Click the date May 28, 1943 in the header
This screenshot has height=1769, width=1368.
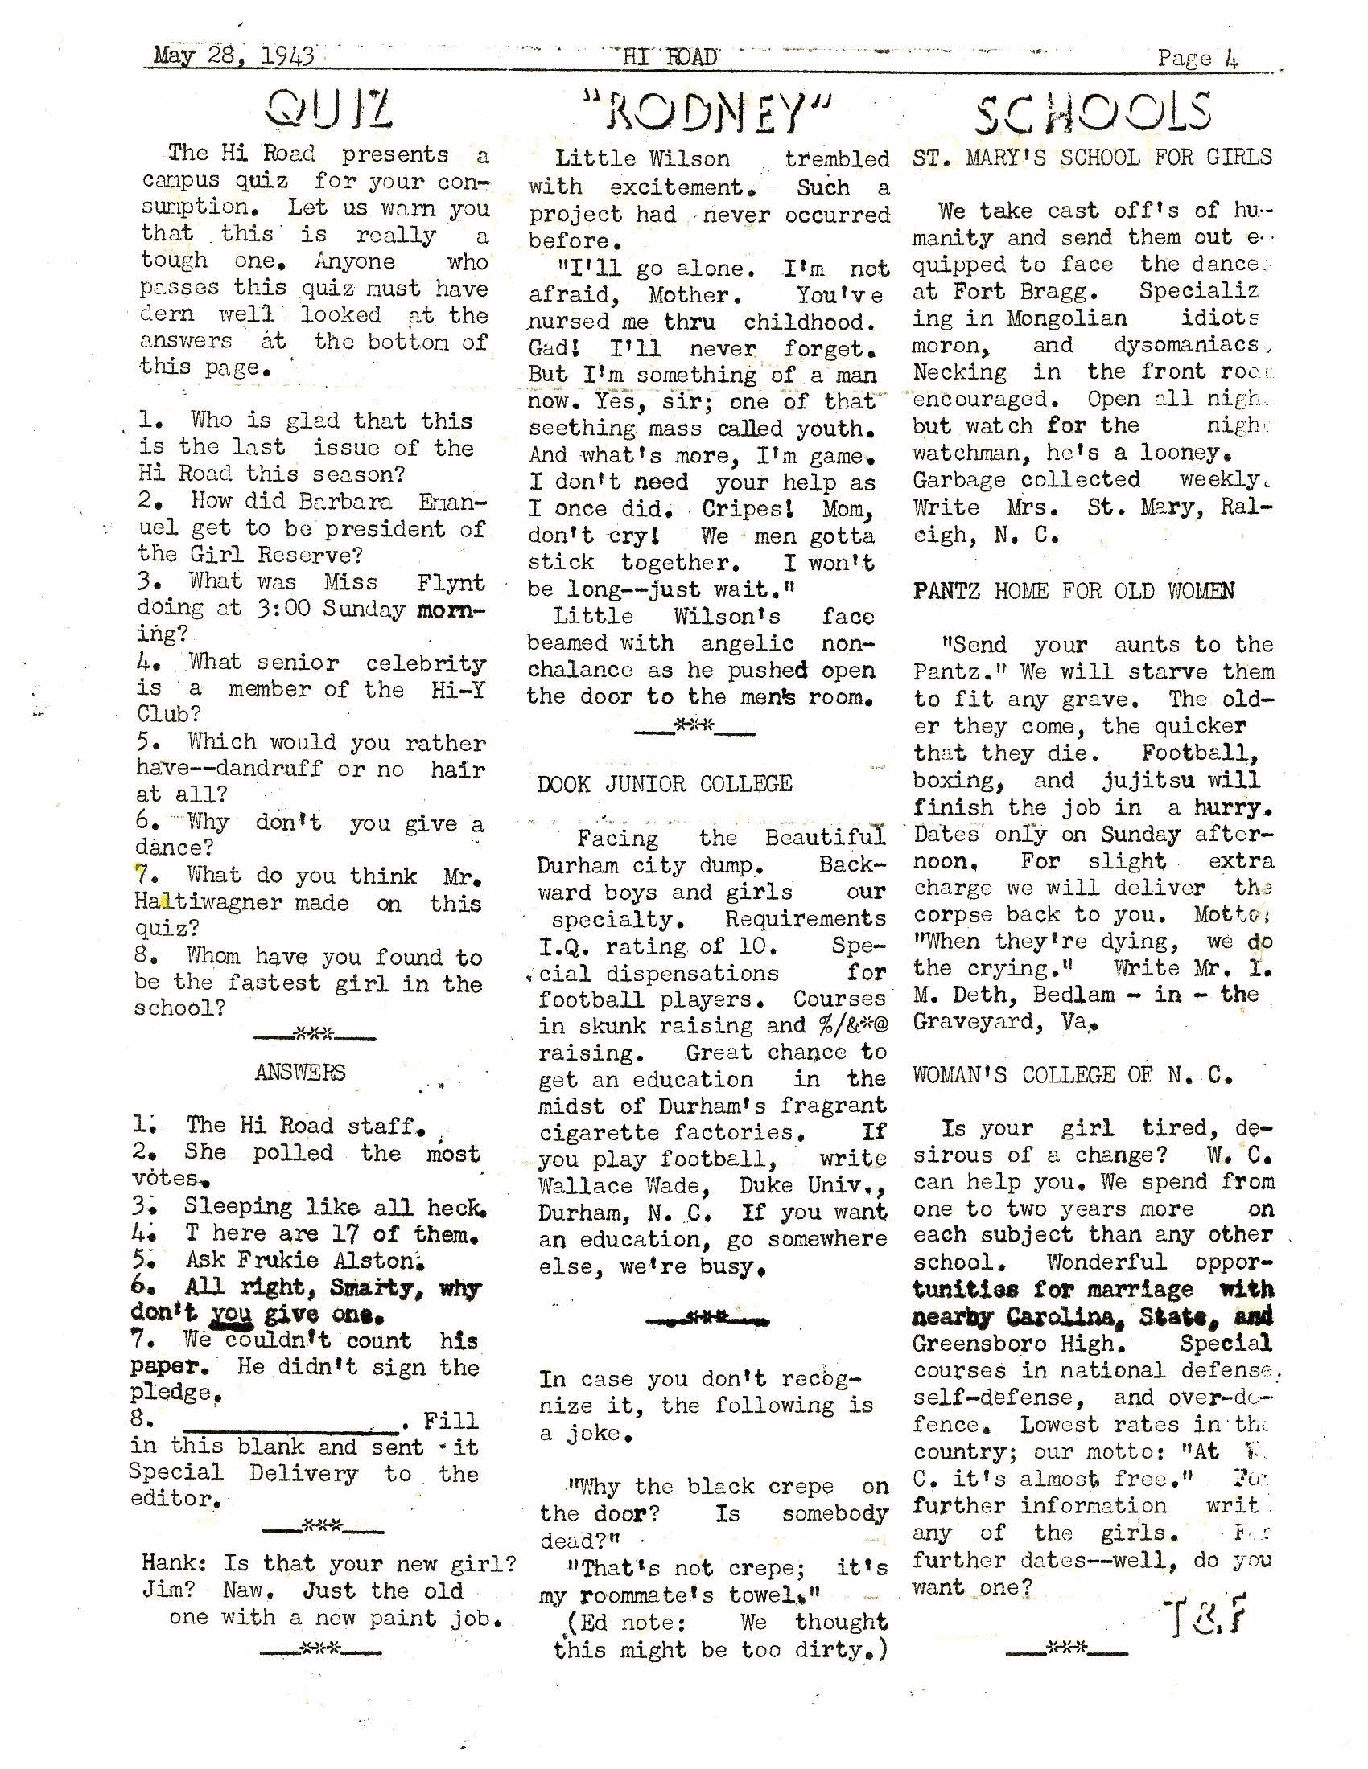tap(233, 57)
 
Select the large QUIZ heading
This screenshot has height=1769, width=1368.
tap(330, 110)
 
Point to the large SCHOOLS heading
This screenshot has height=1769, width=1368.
tap(1093, 113)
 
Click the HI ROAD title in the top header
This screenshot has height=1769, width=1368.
tap(670, 58)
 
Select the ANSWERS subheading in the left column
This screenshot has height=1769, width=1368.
tap(300, 1073)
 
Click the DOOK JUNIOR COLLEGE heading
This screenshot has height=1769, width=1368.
tap(665, 784)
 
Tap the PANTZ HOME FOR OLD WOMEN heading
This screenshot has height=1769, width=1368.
tap(1073, 591)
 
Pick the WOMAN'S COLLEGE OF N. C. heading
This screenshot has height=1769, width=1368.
tap(1071, 1075)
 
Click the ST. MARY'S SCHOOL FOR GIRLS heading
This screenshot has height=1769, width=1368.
tap(1092, 157)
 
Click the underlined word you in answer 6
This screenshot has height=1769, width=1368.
tap(232, 1314)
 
